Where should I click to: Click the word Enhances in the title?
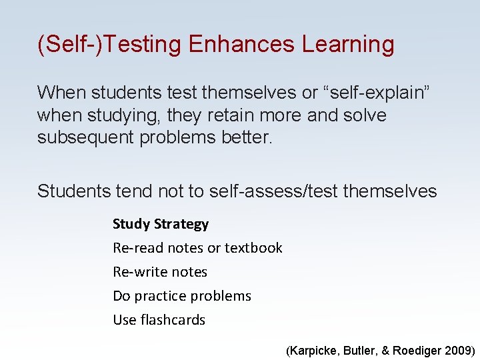(242, 45)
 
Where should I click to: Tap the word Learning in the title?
(348, 45)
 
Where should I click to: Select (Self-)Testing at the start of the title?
(109, 45)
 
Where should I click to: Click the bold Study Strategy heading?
(161, 224)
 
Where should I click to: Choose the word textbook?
(253, 248)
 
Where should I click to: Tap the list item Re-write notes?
(160, 272)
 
